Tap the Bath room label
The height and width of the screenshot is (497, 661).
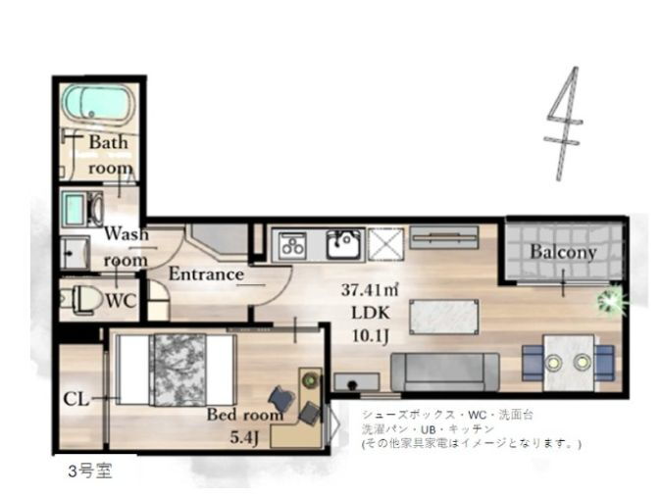click(109, 154)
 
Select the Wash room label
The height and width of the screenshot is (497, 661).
click(126, 246)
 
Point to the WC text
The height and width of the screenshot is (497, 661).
click(121, 301)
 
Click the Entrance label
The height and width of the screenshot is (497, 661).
click(205, 274)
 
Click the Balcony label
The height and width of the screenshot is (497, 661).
click(563, 252)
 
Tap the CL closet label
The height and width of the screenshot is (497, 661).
click(76, 399)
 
